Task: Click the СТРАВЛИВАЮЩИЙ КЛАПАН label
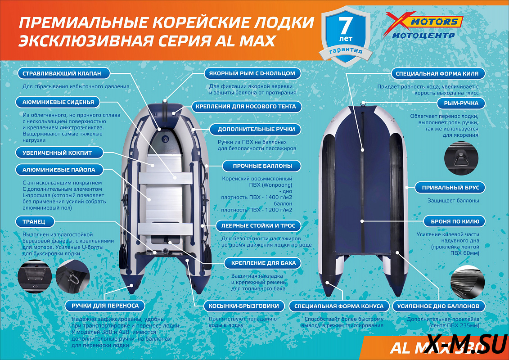click(62, 73)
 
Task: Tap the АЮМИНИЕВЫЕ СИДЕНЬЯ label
click(58, 102)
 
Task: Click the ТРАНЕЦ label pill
click(34, 222)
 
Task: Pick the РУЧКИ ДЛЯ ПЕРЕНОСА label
click(105, 306)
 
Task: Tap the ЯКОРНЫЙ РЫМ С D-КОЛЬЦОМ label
click(252, 73)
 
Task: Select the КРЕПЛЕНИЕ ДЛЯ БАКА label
click(263, 263)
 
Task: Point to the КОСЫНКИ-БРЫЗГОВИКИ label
click(244, 306)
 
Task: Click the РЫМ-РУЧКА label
click(461, 103)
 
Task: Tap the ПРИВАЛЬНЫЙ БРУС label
click(450, 188)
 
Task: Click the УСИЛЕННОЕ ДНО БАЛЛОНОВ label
click(438, 306)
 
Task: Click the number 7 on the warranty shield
click(345, 25)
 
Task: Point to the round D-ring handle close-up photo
click(461, 159)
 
